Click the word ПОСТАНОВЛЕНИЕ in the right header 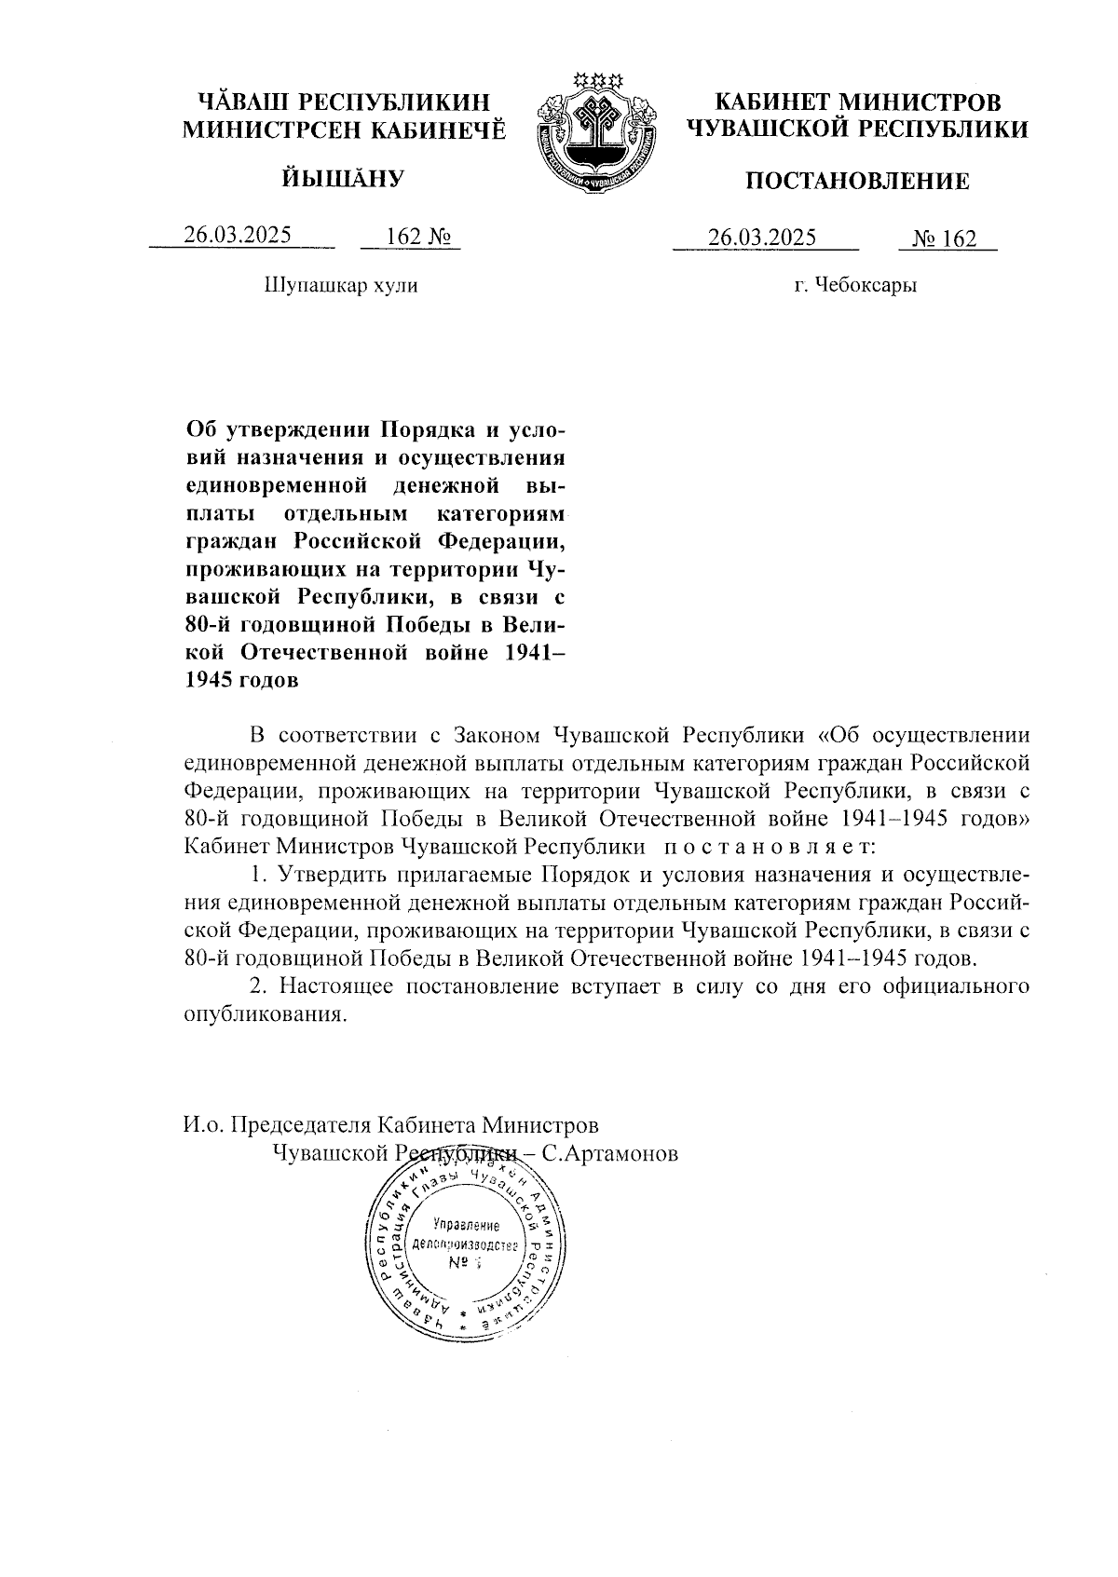[857, 182]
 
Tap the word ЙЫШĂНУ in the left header [341, 177]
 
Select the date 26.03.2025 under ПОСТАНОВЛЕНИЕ [762, 238]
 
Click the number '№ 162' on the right [945, 239]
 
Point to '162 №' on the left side [411, 237]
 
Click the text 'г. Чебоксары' [855, 285]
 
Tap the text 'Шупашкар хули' [341, 285]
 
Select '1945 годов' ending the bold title [242, 680]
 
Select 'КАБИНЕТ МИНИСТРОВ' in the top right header [857, 102]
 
